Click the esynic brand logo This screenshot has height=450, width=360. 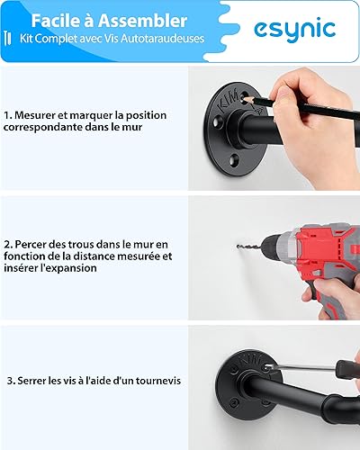tap(294, 29)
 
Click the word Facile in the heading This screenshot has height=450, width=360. tap(54, 21)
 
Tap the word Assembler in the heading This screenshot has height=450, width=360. tap(143, 21)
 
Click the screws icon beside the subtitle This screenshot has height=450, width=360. tap(8, 38)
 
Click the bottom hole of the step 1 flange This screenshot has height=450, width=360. tap(234, 160)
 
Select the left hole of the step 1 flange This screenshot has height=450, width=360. tap(218, 123)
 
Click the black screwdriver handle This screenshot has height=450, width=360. tap(347, 369)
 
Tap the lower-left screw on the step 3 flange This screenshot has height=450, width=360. tap(234, 400)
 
